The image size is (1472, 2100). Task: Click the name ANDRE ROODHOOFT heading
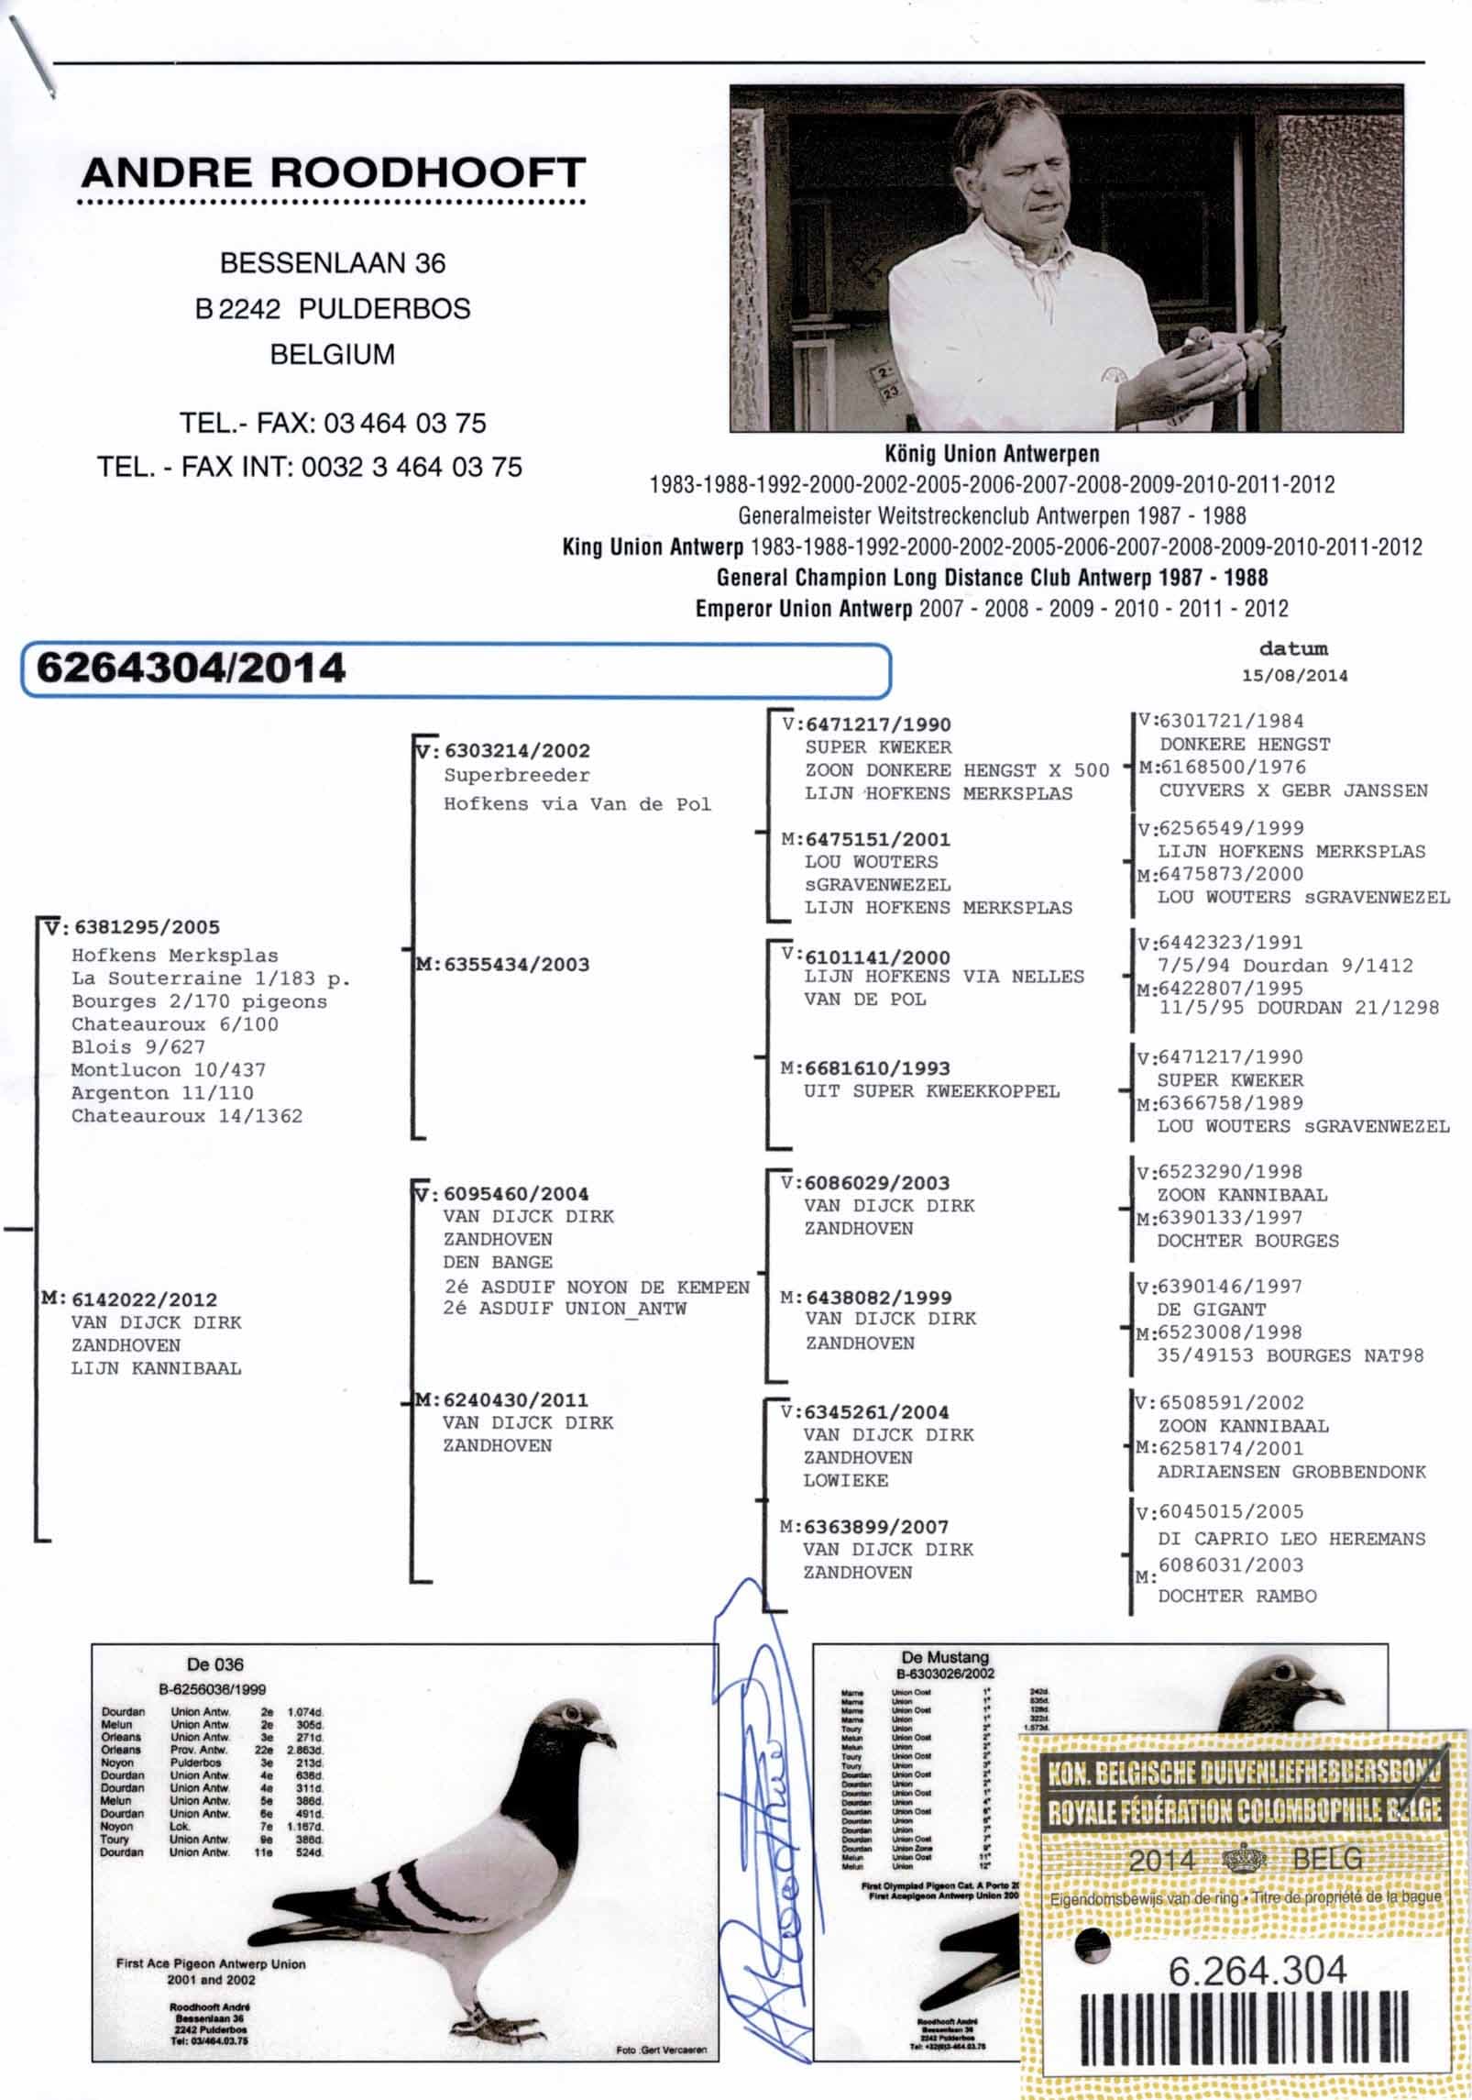click(x=333, y=172)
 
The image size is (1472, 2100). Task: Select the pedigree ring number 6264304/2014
click(x=191, y=668)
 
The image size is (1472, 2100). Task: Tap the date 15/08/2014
click(x=1294, y=675)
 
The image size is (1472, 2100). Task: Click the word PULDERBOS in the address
click(x=384, y=309)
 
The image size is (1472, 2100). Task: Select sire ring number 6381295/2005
click(x=146, y=927)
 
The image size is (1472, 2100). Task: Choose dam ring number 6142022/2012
click(x=144, y=1299)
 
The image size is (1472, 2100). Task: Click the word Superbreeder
click(x=517, y=776)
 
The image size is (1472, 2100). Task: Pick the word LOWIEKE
click(x=845, y=1480)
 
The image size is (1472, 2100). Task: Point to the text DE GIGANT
click(x=1211, y=1310)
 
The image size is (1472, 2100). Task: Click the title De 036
click(x=214, y=1664)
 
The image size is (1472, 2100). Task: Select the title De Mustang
click(x=945, y=1657)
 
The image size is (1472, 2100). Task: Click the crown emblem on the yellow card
click(x=1244, y=1860)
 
